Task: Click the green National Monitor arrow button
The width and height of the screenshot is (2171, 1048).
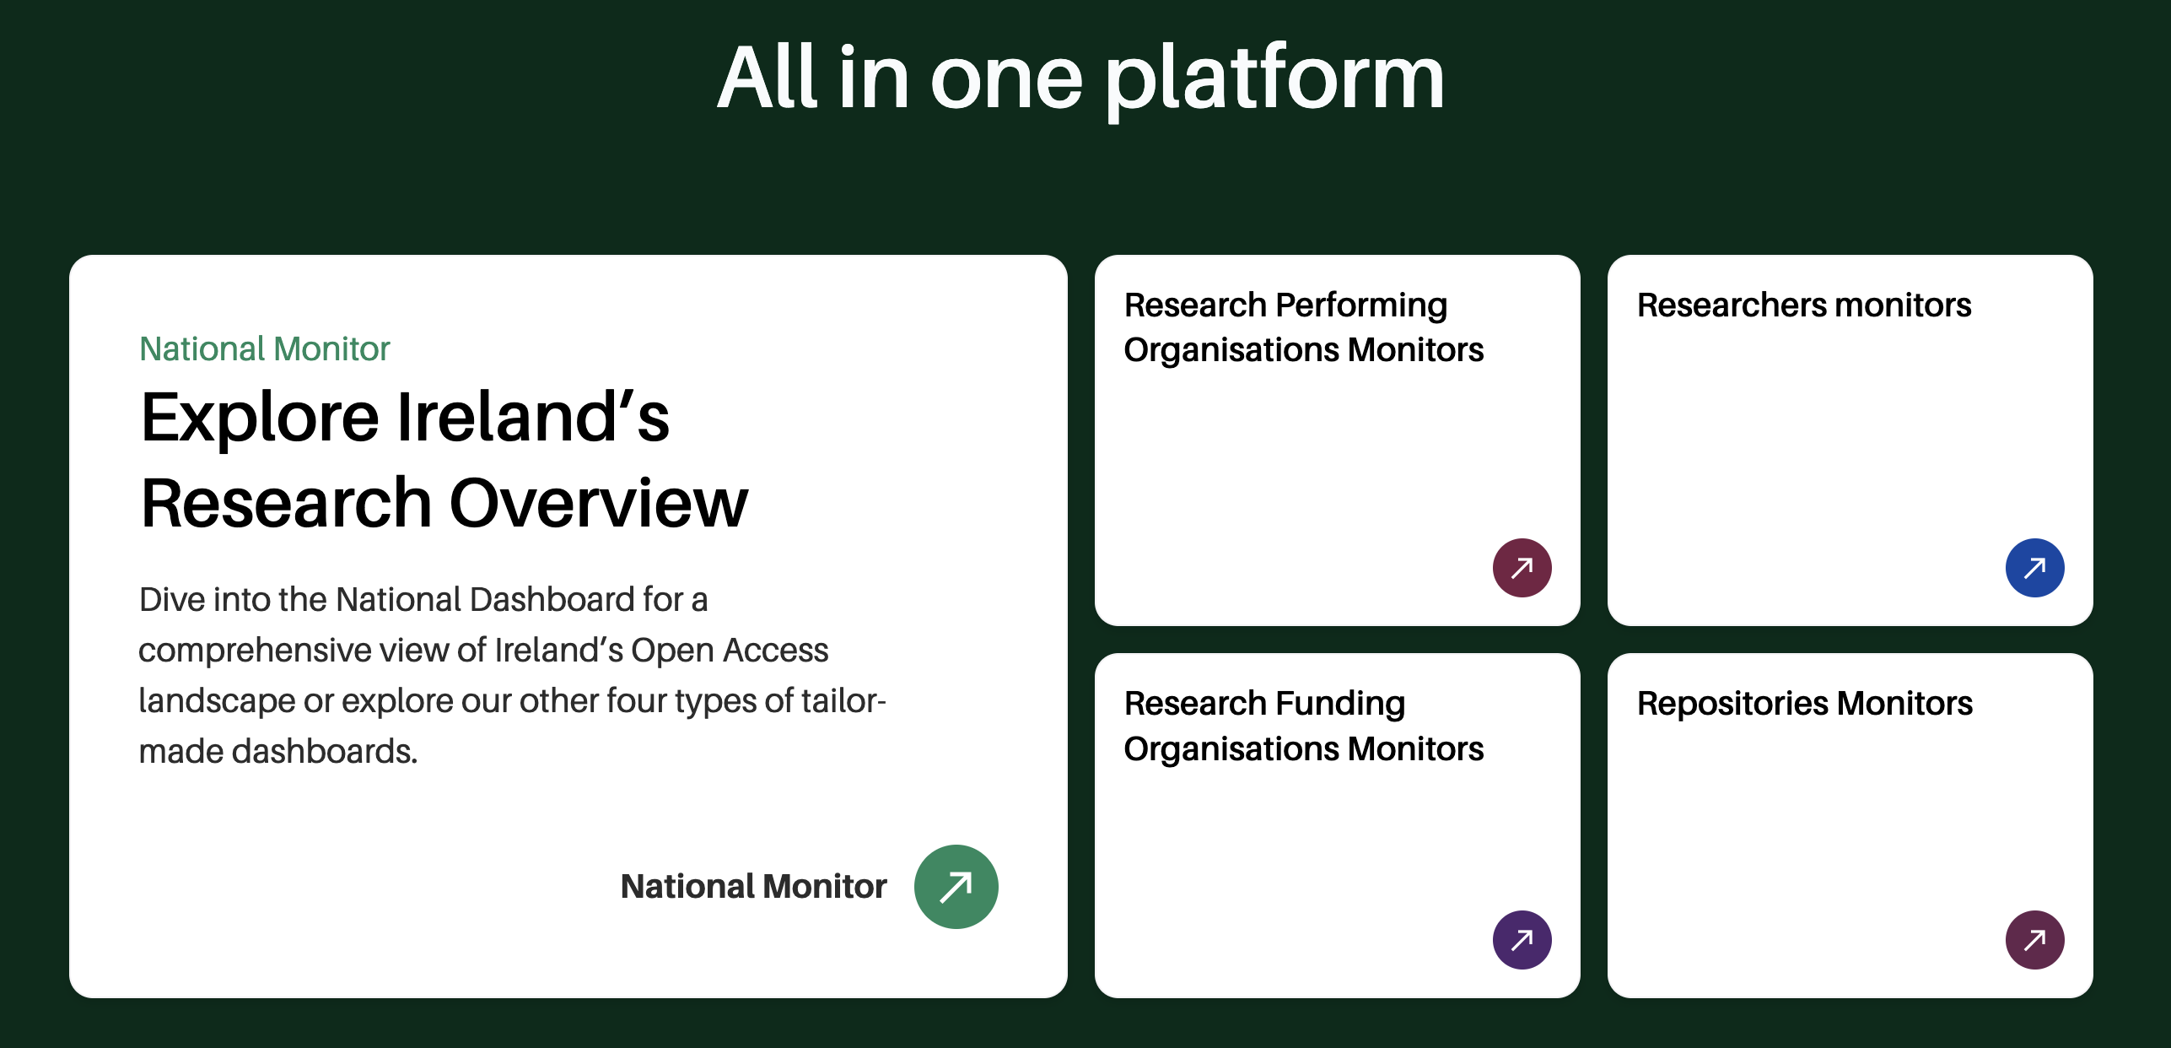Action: click(956, 887)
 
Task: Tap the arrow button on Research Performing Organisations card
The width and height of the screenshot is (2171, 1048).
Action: click(1522, 568)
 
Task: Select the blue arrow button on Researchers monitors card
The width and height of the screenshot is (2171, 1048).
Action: click(2035, 568)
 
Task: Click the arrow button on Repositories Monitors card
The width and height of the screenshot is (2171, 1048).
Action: click(2035, 940)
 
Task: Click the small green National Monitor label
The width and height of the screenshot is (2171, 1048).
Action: click(265, 348)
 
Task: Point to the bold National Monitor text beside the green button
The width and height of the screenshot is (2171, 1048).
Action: click(754, 886)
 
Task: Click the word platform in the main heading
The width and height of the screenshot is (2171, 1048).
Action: click(1275, 78)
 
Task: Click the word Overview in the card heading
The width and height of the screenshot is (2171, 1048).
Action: click(599, 503)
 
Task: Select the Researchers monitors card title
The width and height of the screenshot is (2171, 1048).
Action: click(1804, 305)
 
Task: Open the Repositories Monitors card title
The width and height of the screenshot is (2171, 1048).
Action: click(1805, 705)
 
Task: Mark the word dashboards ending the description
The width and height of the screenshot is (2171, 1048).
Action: click(325, 751)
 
